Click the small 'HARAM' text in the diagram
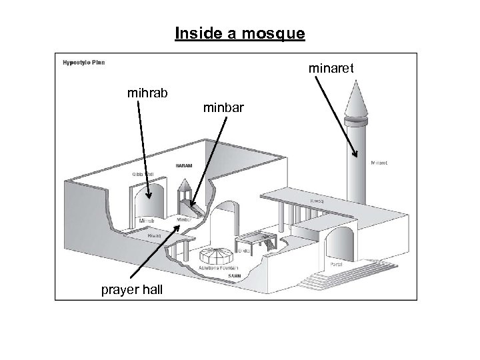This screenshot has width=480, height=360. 185,165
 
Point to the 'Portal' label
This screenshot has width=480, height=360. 337,264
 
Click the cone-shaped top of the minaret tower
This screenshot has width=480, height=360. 357,97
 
